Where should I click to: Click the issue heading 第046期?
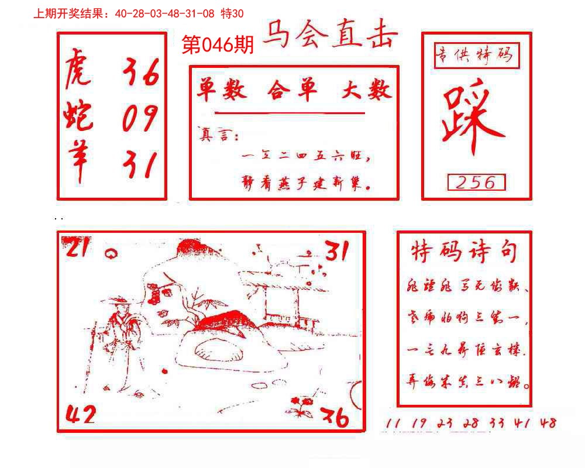point(218,44)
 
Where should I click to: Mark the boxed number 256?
point(476,183)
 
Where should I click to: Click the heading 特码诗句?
point(464,252)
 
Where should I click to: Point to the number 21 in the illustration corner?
point(77,249)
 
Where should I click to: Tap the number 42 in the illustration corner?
point(80,414)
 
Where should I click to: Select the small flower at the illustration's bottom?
point(301,405)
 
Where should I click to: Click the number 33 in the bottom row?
point(497,422)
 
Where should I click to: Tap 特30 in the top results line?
point(232,13)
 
